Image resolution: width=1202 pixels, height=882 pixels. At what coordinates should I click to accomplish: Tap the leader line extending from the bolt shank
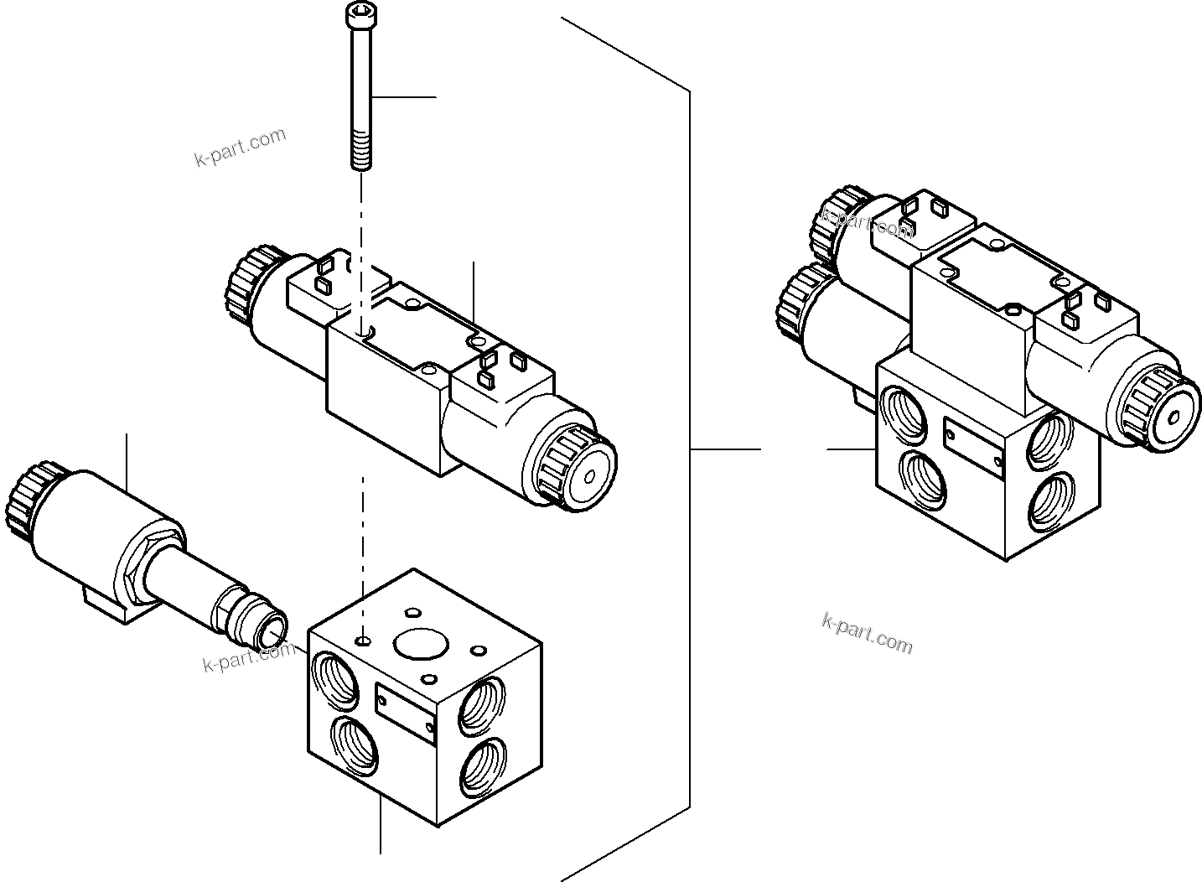pyautogui.click(x=402, y=98)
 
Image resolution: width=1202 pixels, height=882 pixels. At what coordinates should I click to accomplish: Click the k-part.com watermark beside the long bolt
pyautogui.click(x=240, y=148)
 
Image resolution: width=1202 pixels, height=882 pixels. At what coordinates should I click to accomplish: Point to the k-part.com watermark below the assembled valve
pyautogui.click(x=867, y=632)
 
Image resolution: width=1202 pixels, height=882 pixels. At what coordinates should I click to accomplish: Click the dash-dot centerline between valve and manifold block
pyautogui.click(x=362, y=528)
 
